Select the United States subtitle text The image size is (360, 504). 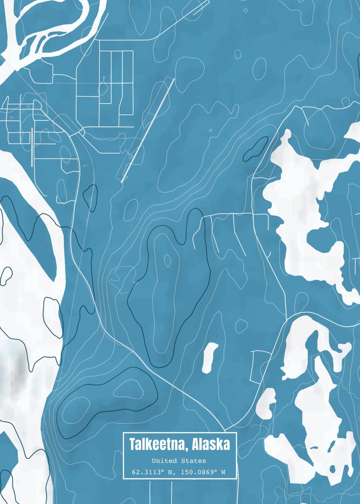[179, 461]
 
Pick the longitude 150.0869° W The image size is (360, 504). [203, 472]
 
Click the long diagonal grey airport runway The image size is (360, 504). [148, 130]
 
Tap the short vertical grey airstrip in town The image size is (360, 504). [32, 147]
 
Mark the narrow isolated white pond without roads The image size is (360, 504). [210, 357]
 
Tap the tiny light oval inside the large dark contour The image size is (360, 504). [168, 260]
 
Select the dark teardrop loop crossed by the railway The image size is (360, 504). [90, 197]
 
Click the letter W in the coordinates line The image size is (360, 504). [223, 472]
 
